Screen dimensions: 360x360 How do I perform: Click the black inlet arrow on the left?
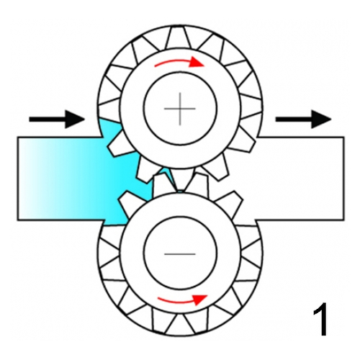57,120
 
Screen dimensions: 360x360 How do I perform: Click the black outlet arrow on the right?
303,120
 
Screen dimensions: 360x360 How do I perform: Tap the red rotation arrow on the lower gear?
182,300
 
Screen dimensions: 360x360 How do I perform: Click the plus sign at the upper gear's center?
180,109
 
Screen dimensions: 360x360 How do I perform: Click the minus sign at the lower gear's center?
180,253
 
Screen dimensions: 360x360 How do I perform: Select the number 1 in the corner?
320,319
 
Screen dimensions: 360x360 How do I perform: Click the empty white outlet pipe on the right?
300,178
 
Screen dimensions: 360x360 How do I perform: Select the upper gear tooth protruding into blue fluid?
120,145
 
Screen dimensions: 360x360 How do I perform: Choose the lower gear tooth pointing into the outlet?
230,202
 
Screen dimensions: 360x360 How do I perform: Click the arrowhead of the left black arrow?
75,120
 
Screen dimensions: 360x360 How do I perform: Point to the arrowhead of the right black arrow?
321,120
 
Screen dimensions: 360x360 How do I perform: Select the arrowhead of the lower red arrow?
200,300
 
